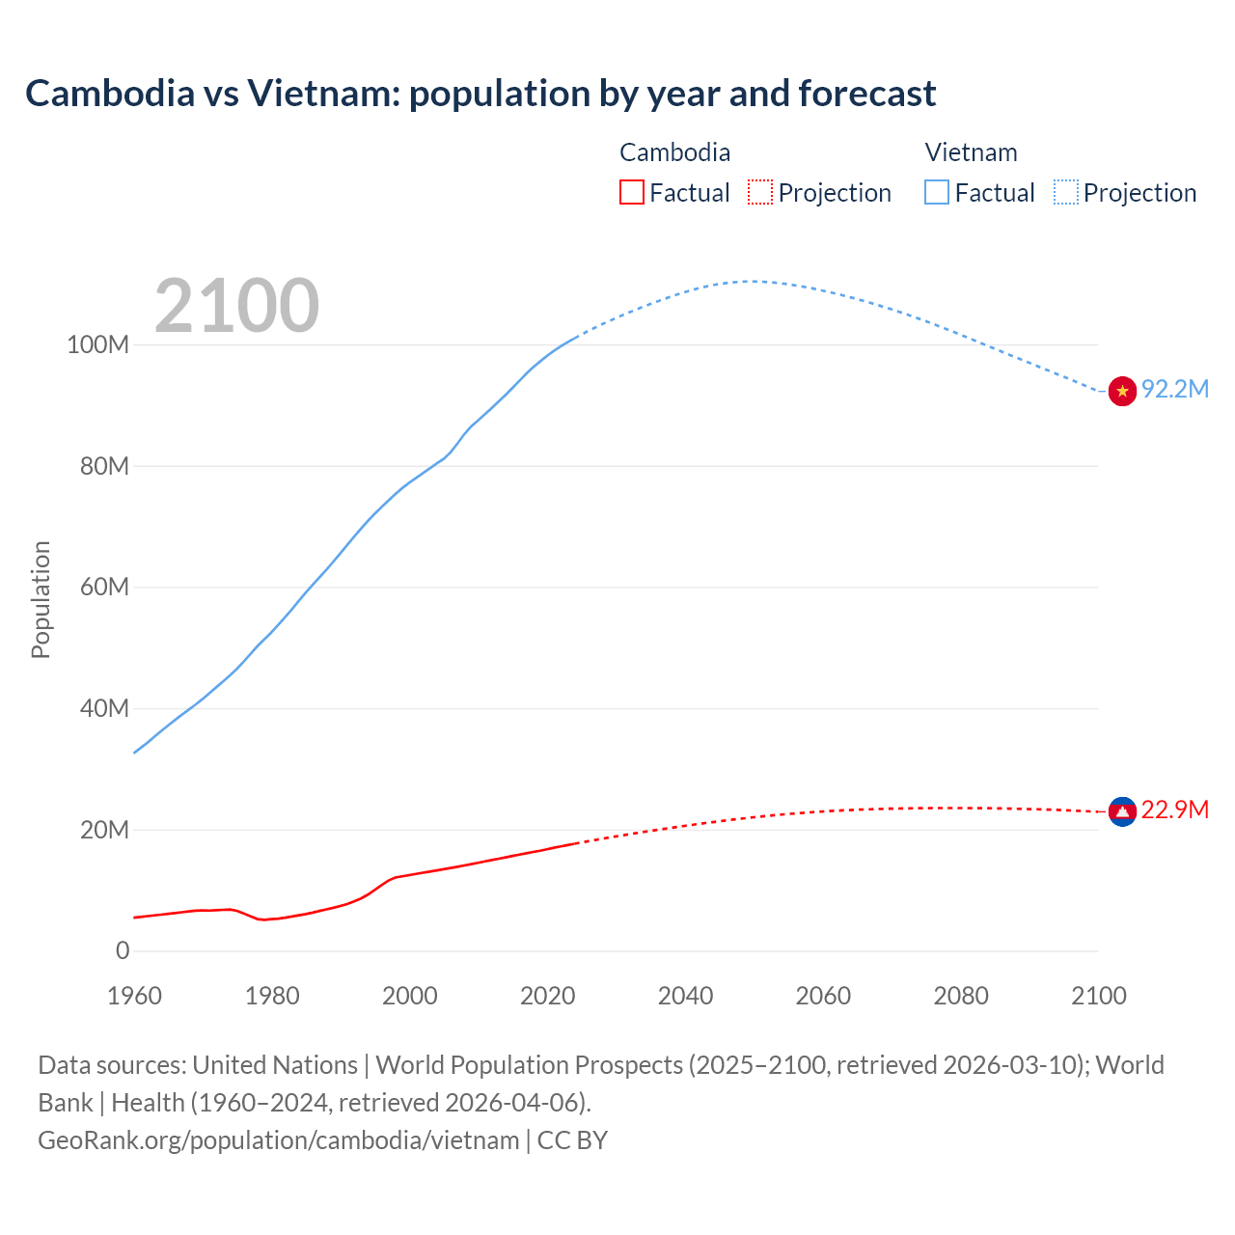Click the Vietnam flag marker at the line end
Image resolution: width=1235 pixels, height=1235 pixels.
tap(1122, 391)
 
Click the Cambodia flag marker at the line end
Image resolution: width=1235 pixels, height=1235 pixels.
tap(1122, 812)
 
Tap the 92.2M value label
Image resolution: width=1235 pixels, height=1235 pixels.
tap(1174, 389)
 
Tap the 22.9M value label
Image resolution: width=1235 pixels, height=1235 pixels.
tap(1174, 810)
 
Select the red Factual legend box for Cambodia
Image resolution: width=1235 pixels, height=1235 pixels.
tap(631, 193)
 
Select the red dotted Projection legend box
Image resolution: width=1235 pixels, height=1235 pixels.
tap(760, 193)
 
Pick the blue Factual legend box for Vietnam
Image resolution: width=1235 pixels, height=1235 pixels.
tap(936, 193)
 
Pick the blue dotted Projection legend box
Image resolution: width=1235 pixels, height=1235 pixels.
tap(1066, 193)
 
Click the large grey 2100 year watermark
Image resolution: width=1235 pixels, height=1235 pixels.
tap(236, 306)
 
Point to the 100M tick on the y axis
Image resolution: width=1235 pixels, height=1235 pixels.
tap(97, 345)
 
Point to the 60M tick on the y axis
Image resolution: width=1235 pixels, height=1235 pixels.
tap(104, 588)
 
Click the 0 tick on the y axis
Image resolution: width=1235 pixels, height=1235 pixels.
tap(123, 951)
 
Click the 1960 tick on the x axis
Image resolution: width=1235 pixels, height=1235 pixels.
tap(134, 996)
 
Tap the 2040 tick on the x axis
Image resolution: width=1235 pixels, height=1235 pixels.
tap(685, 996)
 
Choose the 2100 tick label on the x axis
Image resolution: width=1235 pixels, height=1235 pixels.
tap(1098, 996)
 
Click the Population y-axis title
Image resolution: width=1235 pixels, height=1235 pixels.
tap(41, 599)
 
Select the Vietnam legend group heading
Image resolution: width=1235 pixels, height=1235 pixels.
tap(971, 152)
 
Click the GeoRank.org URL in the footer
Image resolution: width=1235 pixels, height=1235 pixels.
tap(278, 1140)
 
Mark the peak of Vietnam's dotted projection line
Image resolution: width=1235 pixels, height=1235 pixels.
tap(751, 281)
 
